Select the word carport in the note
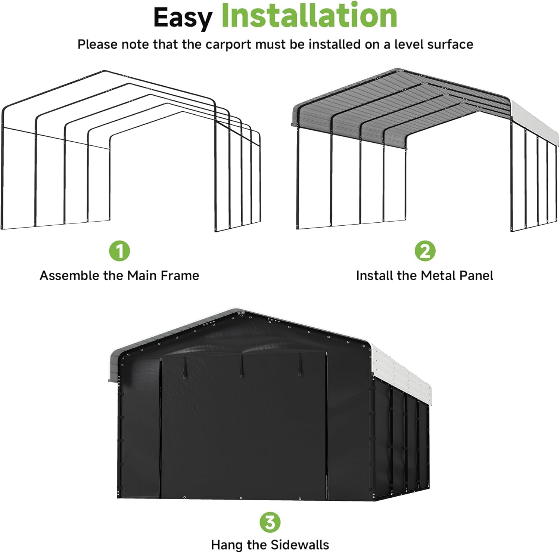point(228,44)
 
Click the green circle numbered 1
point(119,251)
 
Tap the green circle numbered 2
point(425,251)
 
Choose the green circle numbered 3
point(270,522)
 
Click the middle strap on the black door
point(241,366)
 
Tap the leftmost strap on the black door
point(184,368)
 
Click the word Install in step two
point(375,276)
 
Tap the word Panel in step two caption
point(476,276)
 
